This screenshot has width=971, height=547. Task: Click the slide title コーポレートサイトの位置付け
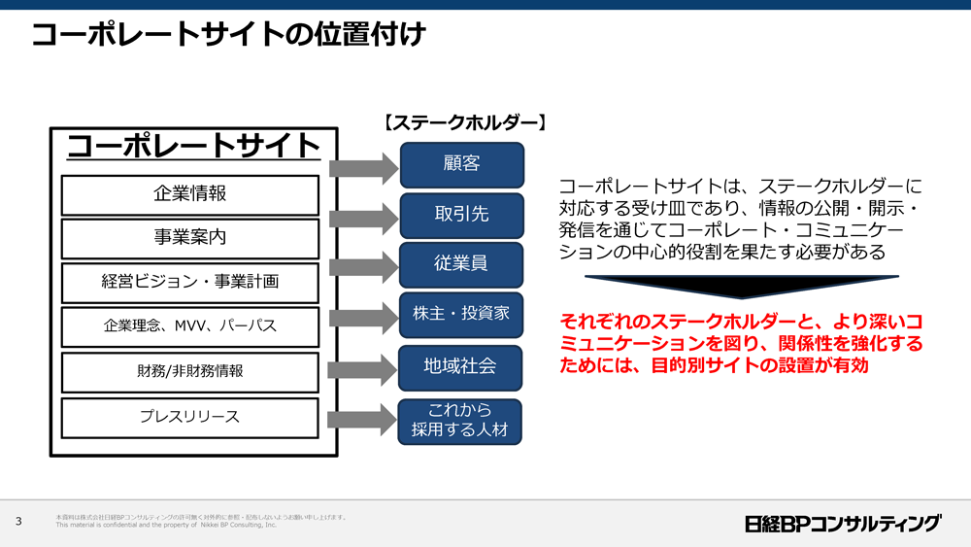click(x=228, y=36)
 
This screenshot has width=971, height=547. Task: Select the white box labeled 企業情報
click(x=189, y=194)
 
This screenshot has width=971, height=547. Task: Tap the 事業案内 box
click(x=189, y=238)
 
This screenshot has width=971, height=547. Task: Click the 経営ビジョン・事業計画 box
click(x=189, y=282)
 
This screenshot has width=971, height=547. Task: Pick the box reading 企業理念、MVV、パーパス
click(x=189, y=326)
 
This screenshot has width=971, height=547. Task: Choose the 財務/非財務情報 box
click(x=189, y=371)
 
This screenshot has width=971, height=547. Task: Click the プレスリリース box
click(x=189, y=417)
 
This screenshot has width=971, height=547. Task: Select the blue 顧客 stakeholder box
click(x=461, y=164)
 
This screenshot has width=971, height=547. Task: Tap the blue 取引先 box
click(x=461, y=215)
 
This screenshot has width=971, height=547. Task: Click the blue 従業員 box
click(x=461, y=264)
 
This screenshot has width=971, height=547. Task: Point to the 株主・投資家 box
click(x=461, y=314)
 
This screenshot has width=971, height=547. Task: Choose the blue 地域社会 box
click(x=461, y=366)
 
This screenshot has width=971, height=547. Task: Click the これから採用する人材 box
click(x=461, y=420)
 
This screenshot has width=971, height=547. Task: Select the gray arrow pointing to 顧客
click(x=365, y=169)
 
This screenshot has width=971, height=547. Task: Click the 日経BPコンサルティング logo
click(x=843, y=523)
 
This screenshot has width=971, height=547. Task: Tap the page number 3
click(x=18, y=522)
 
